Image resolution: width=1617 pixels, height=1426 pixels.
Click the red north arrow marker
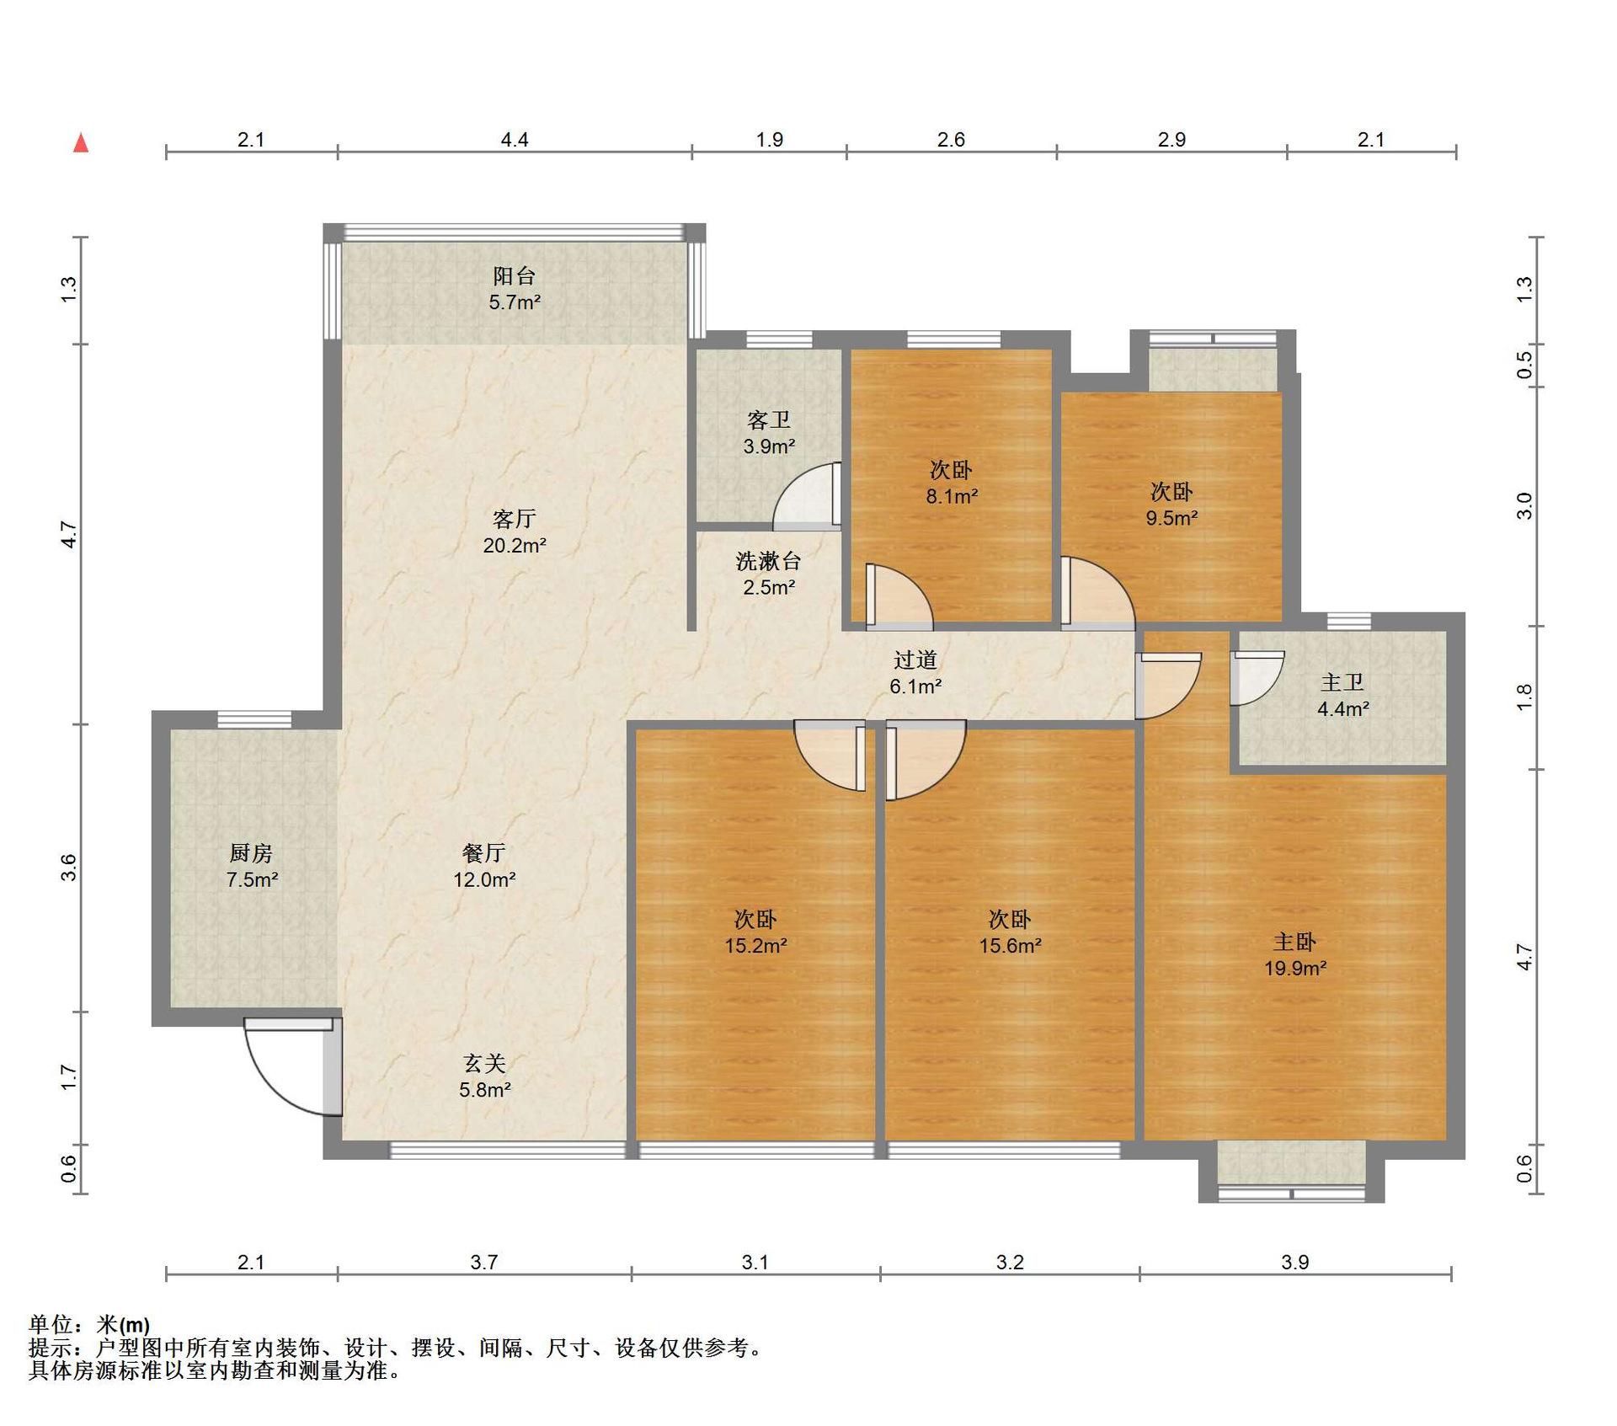(81, 142)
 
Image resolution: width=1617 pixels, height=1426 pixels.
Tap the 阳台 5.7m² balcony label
(515, 289)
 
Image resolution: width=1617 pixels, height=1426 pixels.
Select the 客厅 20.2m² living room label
(515, 531)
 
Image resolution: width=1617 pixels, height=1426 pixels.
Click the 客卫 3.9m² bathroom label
(768, 433)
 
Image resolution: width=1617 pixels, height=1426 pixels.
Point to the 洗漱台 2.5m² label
(768, 574)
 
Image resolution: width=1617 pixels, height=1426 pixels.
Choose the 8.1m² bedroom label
(952, 483)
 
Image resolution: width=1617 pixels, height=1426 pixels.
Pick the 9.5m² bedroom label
(1171, 505)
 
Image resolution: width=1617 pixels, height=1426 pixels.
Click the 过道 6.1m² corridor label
(915, 672)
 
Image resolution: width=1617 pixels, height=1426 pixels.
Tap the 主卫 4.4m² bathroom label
(1342, 695)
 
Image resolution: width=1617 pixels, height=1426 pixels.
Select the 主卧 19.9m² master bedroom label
(1295, 954)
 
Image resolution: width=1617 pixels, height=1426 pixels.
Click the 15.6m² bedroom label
(1010, 932)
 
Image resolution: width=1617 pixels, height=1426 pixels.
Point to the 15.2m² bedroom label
(755, 932)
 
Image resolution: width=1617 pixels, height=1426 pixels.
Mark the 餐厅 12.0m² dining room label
(484, 866)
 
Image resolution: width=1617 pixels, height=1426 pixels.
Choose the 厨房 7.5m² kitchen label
(251, 866)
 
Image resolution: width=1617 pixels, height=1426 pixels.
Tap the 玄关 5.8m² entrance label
(485, 1076)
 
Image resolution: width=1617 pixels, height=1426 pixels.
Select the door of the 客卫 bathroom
(807, 496)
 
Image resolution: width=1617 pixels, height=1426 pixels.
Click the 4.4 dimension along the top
(515, 139)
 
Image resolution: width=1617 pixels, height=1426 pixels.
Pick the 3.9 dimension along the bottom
(1295, 1262)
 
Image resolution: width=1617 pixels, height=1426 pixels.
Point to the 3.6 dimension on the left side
(69, 868)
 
